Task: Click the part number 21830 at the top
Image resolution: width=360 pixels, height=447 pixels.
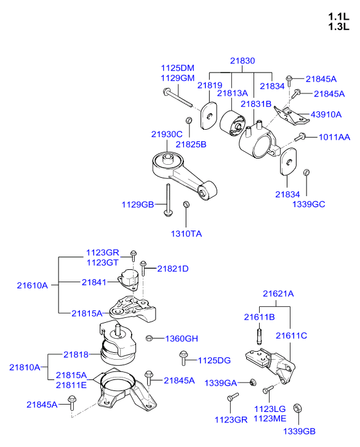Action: (242, 61)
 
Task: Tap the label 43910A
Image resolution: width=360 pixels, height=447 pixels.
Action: (327, 114)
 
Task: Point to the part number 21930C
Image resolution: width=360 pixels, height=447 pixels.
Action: (167, 134)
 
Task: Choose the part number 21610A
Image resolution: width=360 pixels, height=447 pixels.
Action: (32, 285)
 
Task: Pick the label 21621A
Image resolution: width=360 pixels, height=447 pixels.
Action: (278, 293)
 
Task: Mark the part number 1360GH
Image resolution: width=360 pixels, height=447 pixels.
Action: (182, 338)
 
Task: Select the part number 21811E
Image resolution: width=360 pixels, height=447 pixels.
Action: (71, 385)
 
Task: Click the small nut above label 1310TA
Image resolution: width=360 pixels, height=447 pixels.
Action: (186, 204)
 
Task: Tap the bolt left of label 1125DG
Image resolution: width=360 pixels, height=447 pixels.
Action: (183, 357)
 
